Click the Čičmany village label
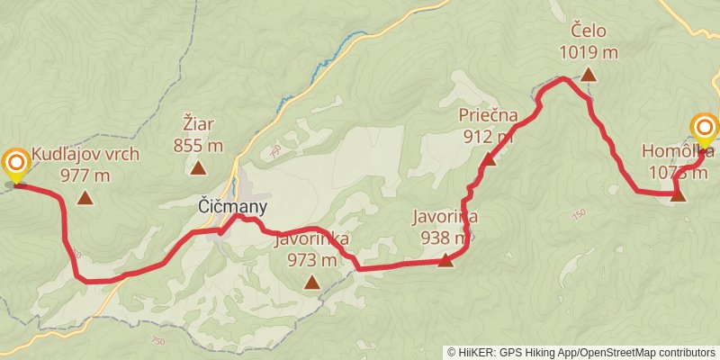[x=232, y=207]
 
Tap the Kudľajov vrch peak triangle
[x=85, y=199]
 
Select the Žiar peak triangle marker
[x=197, y=167]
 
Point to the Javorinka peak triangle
[x=311, y=283]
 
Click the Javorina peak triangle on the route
[x=445, y=261]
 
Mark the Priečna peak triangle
[x=489, y=160]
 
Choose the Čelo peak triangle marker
[x=588, y=76]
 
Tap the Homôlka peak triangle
[x=678, y=194]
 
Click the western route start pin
[x=15, y=164]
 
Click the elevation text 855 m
[x=198, y=145]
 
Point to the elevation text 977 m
[x=85, y=175]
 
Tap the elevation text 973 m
[x=312, y=260]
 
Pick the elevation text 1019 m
[x=589, y=52]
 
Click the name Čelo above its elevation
[x=589, y=33]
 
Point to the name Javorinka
[x=312, y=239]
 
